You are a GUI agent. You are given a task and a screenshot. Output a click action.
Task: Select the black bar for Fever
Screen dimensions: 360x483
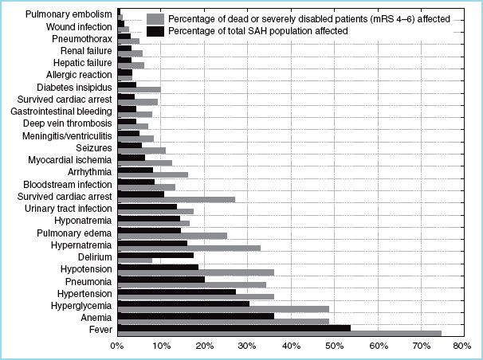[x=234, y=327]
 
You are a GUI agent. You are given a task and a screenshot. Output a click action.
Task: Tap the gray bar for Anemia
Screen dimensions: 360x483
[x=223, y=321]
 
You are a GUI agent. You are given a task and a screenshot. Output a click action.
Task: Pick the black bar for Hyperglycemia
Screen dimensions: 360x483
[x=183, y=303]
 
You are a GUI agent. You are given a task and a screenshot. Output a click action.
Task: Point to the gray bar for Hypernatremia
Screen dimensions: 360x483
[x=189, y=248]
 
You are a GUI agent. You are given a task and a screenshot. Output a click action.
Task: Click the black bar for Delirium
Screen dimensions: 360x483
[x=155, y=255]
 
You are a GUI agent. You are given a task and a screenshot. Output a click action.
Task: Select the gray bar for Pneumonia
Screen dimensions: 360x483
[x=191, y=284]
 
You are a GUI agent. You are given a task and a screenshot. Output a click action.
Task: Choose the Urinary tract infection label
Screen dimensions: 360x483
[x=68, y=209]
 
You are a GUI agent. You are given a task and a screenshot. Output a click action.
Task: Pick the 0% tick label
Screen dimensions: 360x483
[x=117, y=347]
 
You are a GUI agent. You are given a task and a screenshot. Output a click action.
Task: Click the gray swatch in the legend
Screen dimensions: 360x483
[x=156, y=18]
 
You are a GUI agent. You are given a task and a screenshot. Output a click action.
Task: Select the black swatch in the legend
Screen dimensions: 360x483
[x=156, y=30]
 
